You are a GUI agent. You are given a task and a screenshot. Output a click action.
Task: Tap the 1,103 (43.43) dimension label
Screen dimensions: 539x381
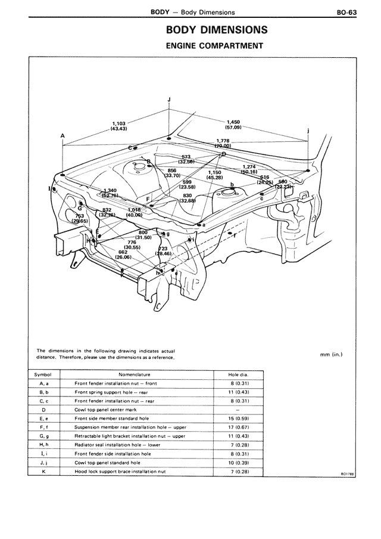[x=118, y=126]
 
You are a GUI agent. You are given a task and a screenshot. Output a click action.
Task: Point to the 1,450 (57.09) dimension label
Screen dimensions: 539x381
[x=233, y=124]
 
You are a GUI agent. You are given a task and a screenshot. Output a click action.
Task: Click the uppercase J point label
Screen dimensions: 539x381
[x=169, y=98]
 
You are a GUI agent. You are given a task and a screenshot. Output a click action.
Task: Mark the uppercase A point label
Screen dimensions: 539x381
[x=63, y=136]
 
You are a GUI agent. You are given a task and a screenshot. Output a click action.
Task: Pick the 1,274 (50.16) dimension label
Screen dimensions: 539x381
[x=249, y=169]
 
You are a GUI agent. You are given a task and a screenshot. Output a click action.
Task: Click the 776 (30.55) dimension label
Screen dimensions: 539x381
[x=132, y=244]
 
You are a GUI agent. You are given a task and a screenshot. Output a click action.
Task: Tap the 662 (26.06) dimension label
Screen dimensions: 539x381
[x=123, y=255]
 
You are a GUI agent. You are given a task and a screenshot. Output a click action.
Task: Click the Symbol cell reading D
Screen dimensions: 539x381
[x=44, y=410]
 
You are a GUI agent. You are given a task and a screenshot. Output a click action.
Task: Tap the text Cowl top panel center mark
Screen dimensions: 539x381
[x=106, y=410]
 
